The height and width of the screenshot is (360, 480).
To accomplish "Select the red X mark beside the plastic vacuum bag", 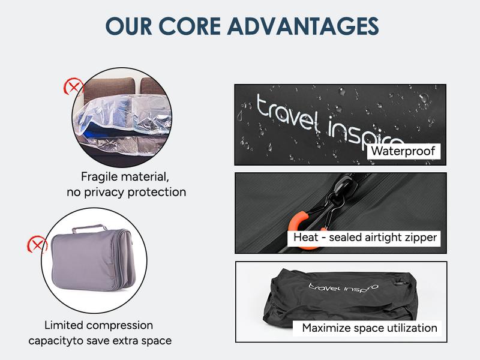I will coord(73,88).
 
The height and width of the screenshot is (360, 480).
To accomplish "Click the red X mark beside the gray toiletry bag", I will coord(38,244).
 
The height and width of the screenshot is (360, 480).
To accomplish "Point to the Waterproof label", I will coord(403,151).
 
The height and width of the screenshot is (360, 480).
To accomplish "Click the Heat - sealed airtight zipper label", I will coord(365,238).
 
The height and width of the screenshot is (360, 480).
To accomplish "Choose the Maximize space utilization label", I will coord(369,328).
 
